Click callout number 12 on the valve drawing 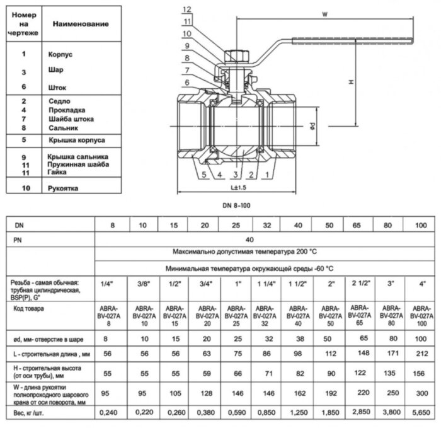(x=186, y=9)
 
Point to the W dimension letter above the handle (x=324, y=13)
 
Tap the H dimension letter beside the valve (x=350, y=82)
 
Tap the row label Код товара (x=30, y=309)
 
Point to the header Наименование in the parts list (x=81, y=24)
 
